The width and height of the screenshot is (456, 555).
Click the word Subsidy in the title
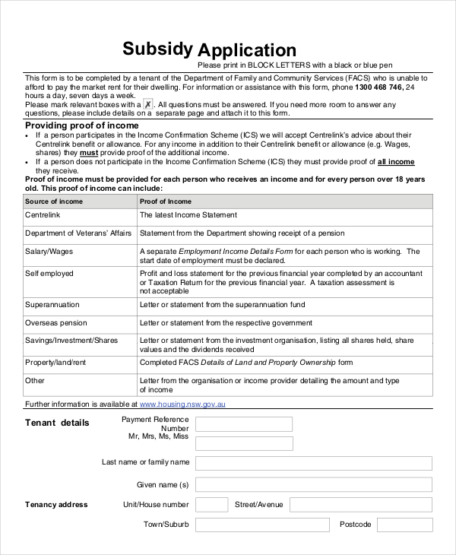(157, 49)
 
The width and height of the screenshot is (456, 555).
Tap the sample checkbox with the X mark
(147, 104)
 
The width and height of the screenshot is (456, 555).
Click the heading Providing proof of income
(82, 125)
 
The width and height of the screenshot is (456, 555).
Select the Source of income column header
(52, 201)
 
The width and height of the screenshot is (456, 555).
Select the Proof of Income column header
(166, 201)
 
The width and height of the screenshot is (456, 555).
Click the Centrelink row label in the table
(43, 215)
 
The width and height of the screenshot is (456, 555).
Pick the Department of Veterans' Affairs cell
(78, 233)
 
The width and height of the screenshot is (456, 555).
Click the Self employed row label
(49, 274)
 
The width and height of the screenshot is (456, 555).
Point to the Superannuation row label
(52, 305)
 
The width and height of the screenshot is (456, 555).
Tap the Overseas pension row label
(56, 322)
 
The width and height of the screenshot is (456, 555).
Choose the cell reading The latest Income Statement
(188, 215)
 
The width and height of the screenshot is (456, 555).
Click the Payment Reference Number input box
(244, 424)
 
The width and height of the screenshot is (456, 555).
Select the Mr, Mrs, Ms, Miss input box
(244, 443)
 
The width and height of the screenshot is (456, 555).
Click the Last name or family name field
(313, 463)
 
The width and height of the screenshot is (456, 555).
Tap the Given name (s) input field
(313, 484)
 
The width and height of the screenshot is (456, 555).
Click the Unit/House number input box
(211, 504)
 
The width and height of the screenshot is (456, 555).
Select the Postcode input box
(404, 525)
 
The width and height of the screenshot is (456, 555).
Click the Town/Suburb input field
(262, 525)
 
